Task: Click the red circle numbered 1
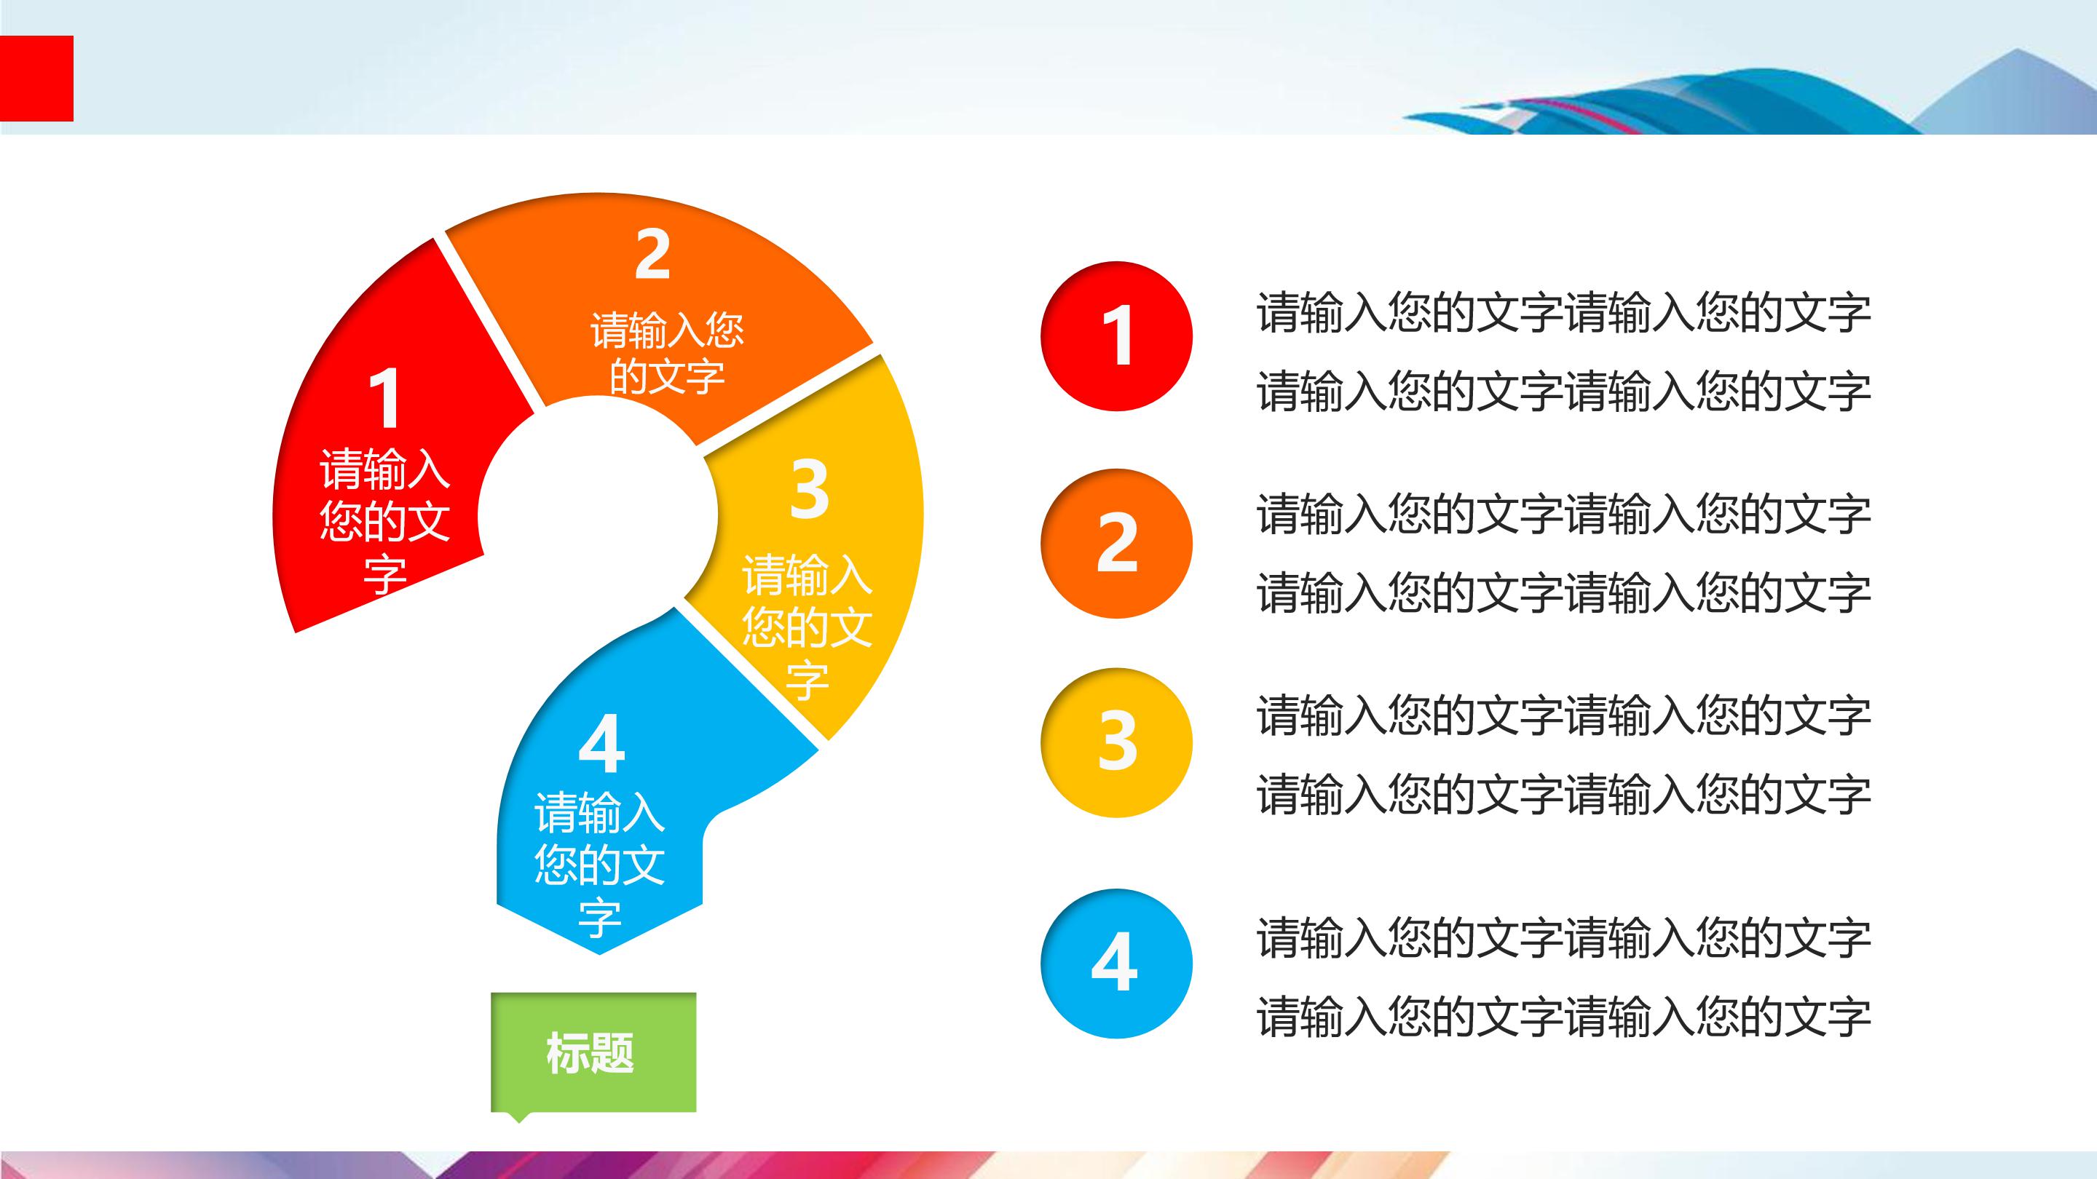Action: [1116, 336]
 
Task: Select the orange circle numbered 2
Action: [1116, 543]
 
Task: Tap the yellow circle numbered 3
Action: [1116, 742]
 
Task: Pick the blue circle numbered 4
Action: [1116, 963]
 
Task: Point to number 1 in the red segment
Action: [384, 399]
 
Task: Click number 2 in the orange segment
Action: [652, 255]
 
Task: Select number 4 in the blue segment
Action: [601, 745]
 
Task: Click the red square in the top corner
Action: [36, 78]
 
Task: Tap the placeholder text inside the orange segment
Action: [667, 353]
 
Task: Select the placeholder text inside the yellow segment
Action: [807, 627]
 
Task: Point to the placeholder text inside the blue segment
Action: [599, 864]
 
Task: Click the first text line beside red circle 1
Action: [1563, 313]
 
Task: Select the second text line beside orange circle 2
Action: [1563, 592]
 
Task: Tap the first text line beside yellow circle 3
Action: [1563, 715]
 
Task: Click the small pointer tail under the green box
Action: [518, 1117]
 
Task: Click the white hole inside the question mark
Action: [599, 515]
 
